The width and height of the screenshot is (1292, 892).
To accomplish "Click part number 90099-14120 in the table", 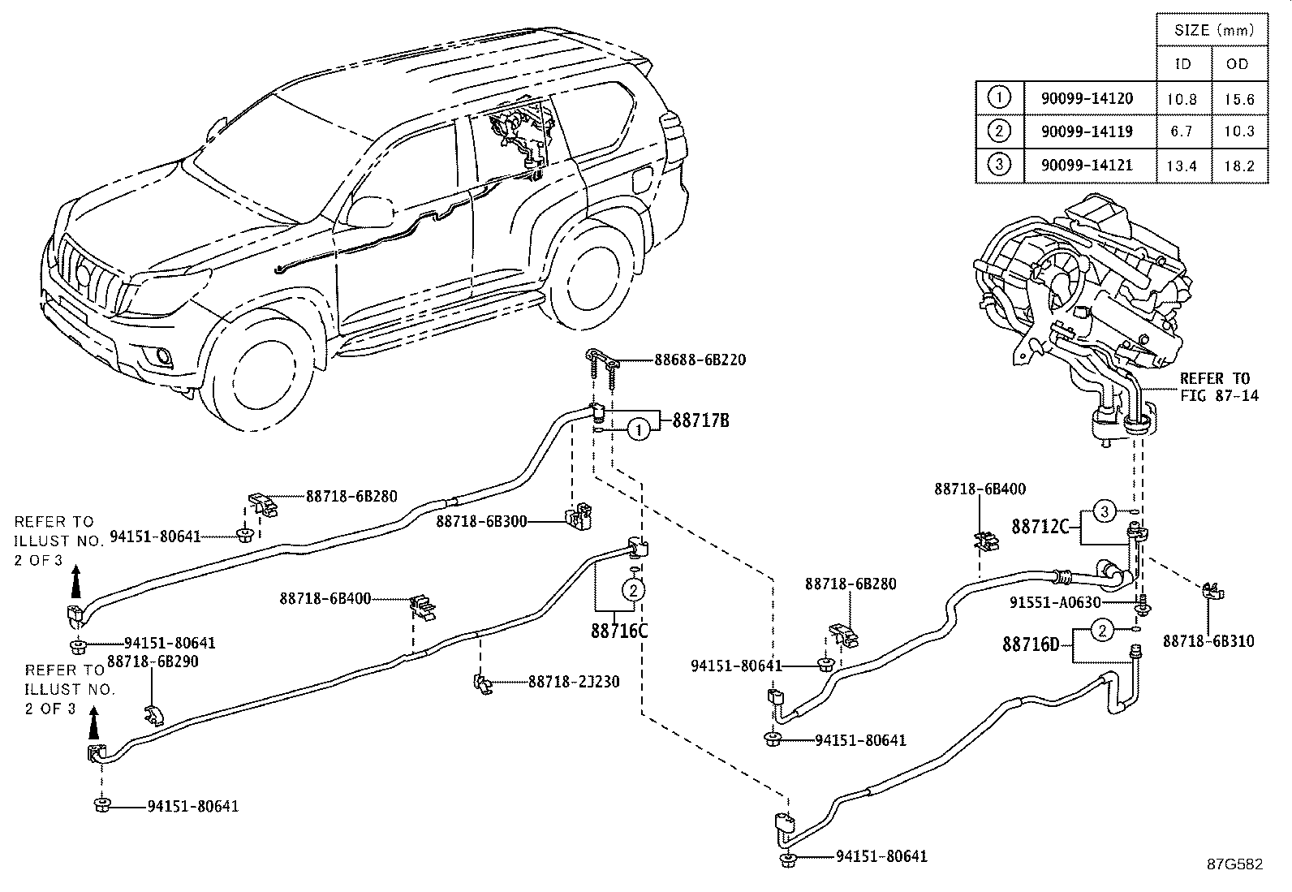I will click(1086, 99).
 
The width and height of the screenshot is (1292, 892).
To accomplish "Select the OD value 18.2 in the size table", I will click(1238, 166).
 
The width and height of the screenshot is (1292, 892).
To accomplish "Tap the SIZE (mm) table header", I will click(1209, 31).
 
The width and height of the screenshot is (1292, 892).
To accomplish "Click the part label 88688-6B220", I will click(700, 360).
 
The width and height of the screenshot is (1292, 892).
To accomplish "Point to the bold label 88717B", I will click(700, 420).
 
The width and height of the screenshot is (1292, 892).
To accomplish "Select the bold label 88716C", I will click(619, 630).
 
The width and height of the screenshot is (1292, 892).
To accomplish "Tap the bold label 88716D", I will click(1031, 644).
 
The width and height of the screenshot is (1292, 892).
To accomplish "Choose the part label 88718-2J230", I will click(574, 682).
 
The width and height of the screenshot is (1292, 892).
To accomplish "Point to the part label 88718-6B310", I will click(1208, 641).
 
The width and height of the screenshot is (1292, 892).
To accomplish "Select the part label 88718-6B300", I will click(481, 520).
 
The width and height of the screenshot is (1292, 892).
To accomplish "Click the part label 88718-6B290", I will click(153, 661).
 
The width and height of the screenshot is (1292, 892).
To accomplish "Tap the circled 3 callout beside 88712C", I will click(1105, 511).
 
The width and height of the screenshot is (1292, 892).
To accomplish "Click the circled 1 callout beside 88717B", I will click(640, 429).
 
